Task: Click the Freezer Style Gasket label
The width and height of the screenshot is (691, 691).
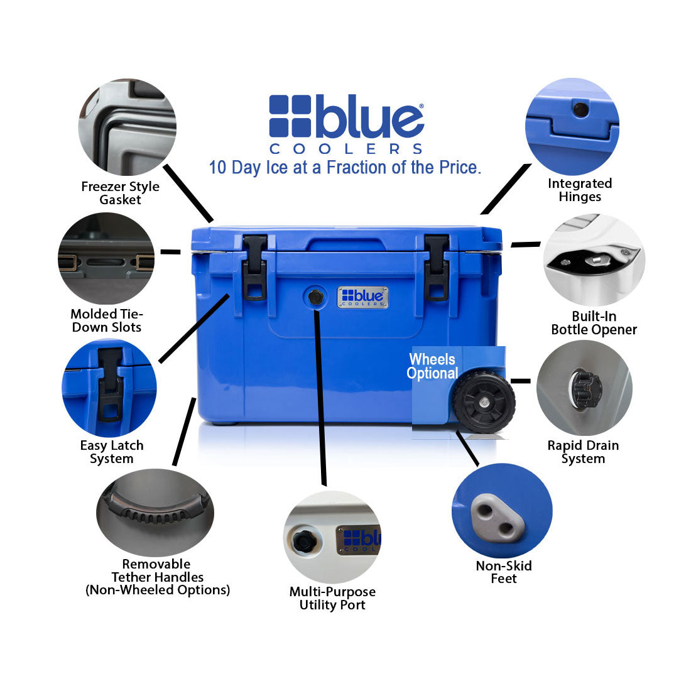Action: (x=120, y=193)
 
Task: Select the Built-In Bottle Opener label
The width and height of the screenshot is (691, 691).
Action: (x=594, y=323)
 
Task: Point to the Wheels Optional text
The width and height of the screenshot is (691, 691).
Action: (x=432, y=366)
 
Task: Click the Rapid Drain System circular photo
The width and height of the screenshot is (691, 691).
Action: (x=584, y=388)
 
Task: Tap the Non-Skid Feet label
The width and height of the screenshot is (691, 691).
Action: (x=504, y=572)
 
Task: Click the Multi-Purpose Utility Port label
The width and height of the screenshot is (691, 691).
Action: (x=332, y=598)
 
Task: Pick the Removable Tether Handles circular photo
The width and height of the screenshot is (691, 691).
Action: (x=155, y=511)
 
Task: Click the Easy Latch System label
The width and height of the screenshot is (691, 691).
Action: (x=112, y=452)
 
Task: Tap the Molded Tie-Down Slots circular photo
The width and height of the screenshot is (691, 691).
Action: (x=106, y=258)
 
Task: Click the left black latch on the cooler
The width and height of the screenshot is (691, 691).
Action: (x=255, y=267)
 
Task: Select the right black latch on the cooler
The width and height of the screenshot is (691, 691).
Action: (x=437, y=267)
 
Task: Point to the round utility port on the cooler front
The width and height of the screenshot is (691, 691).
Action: (x=315, y=297)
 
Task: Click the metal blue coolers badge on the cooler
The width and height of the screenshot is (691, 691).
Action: (x=362, y=297)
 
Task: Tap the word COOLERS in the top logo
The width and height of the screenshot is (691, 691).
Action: (x=346, y=149)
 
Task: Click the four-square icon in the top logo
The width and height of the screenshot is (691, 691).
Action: (x=290, y=116)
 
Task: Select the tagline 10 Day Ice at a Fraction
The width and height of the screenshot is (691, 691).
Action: (x=345, y=168)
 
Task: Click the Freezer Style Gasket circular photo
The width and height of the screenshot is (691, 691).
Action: (x=128, y=127)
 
